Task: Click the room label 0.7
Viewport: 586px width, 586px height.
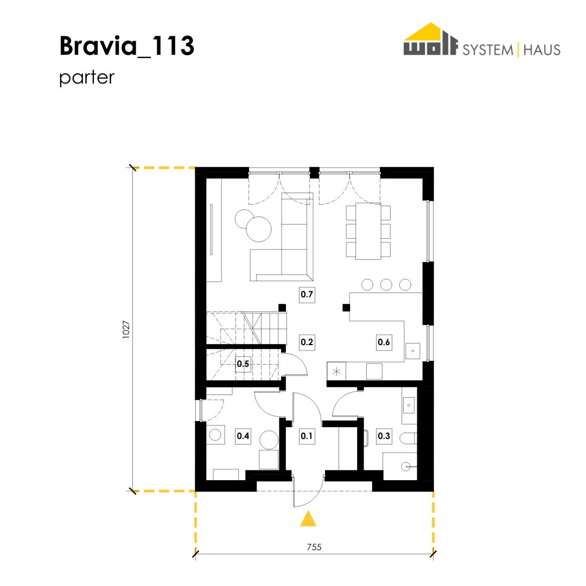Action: coord(307,295)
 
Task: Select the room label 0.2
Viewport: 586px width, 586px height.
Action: coord(307,342)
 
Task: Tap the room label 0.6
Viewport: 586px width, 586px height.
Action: coord(384,342)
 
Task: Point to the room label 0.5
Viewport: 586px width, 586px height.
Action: coord(243,364)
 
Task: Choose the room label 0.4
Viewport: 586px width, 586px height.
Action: coord(243,436)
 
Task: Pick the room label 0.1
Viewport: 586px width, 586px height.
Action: coord(307,436)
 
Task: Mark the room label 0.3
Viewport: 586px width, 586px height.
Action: coord(384,436)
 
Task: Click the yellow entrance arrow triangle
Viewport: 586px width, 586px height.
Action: coord(308,519)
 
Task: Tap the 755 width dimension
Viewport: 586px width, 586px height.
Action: coord(314,547)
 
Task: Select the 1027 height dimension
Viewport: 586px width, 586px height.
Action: coord(126,330)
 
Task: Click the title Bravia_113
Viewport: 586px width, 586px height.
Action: coord(126,46)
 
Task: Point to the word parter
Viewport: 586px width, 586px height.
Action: coord(87,78)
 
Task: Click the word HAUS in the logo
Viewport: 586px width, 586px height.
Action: coord(542,50)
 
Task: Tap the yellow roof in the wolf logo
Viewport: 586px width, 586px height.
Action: coord(430,33)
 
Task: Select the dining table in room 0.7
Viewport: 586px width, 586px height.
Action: coord(368,231)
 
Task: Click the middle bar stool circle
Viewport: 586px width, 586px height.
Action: coord(386,285)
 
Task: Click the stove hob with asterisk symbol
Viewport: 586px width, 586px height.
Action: coord(336,372)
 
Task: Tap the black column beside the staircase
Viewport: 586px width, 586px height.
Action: coord(282,308)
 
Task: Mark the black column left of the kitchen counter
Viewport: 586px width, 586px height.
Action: coord(346,308)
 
